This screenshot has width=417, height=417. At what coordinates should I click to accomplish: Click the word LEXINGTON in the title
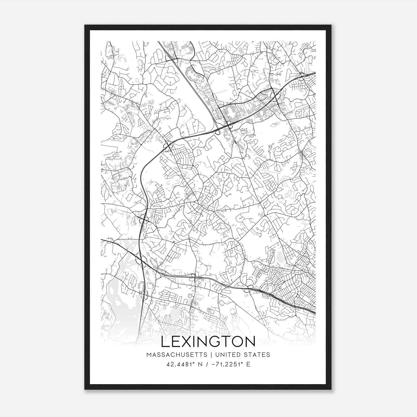pos(208,342)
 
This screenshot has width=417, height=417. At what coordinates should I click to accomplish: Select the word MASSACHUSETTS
pos(177,355)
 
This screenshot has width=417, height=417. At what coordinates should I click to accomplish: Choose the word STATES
pos(257,355)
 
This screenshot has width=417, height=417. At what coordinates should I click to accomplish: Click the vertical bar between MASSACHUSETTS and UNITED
pos(210,355)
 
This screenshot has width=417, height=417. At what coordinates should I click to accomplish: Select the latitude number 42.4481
pos(180,364)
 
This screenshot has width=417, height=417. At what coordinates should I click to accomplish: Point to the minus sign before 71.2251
pos(213,364)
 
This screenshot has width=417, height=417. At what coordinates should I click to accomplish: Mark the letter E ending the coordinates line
pos(248,364)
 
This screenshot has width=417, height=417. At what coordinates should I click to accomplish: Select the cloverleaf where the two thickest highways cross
pos(142,261)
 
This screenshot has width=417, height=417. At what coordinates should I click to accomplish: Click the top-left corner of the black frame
pos(85,26)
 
